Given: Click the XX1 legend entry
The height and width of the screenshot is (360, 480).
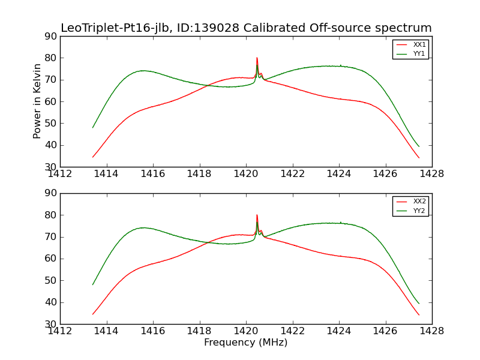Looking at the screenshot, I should (419, 45).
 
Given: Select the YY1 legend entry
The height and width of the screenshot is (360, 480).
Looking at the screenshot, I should (419, 53).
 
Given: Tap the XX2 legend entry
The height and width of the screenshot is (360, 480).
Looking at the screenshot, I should (419, 202).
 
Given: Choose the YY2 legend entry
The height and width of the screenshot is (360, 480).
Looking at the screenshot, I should (419, 211).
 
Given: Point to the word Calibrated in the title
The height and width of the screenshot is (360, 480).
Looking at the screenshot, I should (275, 28).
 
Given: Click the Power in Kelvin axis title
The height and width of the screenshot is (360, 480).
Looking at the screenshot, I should (37, 101).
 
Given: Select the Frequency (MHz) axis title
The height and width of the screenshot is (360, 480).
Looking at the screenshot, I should (246, 343).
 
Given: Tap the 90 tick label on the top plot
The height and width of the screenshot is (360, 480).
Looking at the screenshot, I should (50, 37).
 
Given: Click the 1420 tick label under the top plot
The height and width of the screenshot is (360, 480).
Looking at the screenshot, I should (246, 174).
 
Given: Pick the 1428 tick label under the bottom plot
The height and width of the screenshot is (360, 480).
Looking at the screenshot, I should (431, 331).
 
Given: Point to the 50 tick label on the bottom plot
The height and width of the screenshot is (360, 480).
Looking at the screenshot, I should (50, 280).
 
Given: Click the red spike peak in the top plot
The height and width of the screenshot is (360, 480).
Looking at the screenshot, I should (257, 58).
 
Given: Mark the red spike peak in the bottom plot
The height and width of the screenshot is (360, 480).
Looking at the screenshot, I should (257, 215).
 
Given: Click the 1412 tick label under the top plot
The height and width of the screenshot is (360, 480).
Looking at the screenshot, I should (61, 174).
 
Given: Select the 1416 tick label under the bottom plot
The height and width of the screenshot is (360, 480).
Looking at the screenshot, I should (153, 331).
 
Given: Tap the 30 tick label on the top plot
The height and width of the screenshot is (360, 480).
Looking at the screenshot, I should (50, 167).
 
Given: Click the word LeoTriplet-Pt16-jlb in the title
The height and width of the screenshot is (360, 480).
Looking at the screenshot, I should (114, 28).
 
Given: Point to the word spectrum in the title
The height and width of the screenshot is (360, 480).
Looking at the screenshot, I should (406, 28).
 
